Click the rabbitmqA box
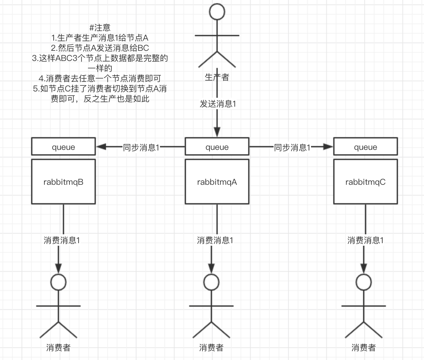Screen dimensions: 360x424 [x=217, y=182]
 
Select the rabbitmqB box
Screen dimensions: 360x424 [x=63, y=182]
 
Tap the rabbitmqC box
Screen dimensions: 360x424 [x=365, y=182]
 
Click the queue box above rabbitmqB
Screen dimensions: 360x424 [x=63, y=147]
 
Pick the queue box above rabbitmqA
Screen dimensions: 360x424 [x=217, y=147]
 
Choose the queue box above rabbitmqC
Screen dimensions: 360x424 [x=365, y=147]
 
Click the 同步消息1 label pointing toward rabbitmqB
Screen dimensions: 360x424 [x=141, y=147]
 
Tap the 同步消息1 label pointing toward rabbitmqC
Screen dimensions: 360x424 [x=292, y=147]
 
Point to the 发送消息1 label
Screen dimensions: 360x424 [x=218, y=104]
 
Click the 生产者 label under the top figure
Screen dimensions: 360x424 [x=217, y=77]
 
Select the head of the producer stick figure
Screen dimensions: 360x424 [x=217, y=12]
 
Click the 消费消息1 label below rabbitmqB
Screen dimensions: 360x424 [x=62, y=240]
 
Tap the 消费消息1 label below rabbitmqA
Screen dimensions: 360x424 [x=215, y=240]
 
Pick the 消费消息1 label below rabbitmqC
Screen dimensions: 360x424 [x=365, y=240]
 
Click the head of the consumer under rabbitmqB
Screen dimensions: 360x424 [x=59, y=282]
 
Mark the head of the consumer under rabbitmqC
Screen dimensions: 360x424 [x=364, y=282]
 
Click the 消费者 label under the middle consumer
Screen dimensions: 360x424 [x=211, y=348]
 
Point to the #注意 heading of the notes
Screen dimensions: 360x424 [x=100, y=28]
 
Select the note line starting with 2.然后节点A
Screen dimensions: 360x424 [x=100, y=48]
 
